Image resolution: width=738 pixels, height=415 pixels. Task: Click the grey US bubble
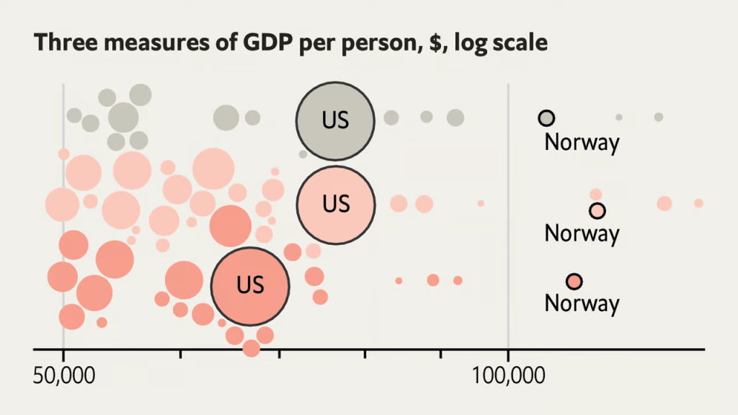tap(335, 120)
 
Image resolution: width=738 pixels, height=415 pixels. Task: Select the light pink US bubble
tap(335, 204)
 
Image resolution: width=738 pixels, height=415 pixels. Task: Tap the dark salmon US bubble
tap(250, 285)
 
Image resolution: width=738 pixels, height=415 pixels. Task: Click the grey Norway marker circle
tap(547, 118)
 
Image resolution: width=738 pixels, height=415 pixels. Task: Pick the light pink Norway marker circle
tap(597, 210)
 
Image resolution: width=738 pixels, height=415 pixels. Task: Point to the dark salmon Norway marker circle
tap(574, 281)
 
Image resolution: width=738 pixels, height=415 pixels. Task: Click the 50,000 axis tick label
tap(64, 375)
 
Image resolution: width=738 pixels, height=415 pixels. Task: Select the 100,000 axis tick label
tap(509, 375)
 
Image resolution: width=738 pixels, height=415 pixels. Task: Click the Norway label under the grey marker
tap(582, 142)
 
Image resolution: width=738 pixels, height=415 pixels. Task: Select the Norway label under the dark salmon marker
tap(582, 303)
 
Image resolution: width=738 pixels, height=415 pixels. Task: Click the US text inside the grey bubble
tap(335, 120)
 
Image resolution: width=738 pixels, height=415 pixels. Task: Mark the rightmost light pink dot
tap(698, 203)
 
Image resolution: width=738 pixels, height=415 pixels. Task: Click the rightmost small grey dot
tap(658, 117)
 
